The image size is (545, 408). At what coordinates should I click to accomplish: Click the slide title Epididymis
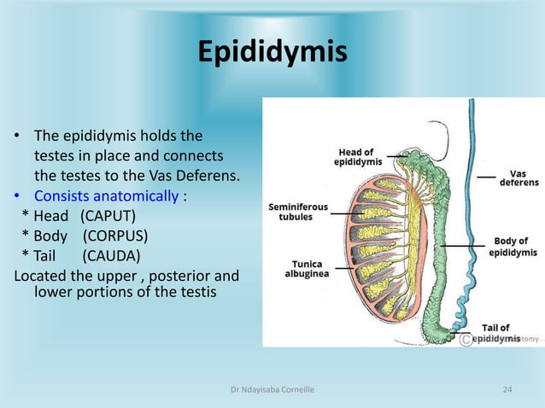coord(272,51)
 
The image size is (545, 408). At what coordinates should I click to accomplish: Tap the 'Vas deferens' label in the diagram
coord(519,177)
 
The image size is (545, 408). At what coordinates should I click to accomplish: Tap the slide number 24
coord(507,390)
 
